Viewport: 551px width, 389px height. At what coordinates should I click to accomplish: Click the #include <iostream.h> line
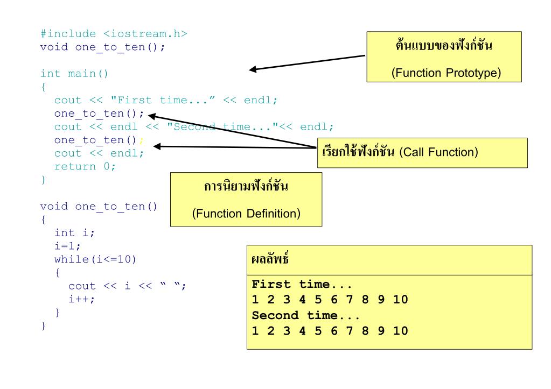114,33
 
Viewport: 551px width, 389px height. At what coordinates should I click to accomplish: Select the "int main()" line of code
74,73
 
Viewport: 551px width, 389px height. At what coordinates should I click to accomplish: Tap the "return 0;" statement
85,166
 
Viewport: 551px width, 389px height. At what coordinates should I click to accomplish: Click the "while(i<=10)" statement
95,259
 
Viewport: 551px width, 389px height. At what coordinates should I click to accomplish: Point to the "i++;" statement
81,299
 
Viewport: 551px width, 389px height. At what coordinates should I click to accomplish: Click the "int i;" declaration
75,232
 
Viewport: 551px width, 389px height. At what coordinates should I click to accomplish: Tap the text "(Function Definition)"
246,213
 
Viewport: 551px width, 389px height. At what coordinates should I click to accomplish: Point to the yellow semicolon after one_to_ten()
141,140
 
